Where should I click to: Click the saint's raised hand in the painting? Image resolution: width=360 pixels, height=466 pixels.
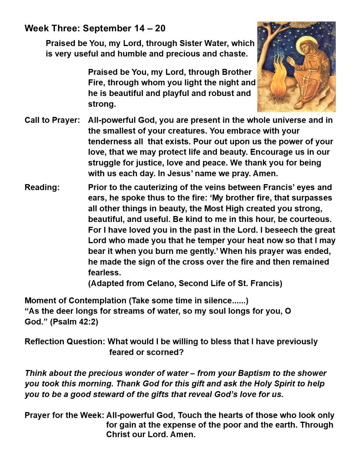pos(291,62)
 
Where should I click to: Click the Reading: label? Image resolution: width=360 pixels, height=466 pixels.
pos(42,187)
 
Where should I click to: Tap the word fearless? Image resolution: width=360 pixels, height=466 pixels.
pos(104,273)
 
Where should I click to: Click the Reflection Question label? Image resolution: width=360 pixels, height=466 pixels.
pos(65,341)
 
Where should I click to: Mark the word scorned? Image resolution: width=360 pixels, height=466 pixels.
pos(168,352)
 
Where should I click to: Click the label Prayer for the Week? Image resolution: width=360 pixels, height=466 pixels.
pos(64,415)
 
